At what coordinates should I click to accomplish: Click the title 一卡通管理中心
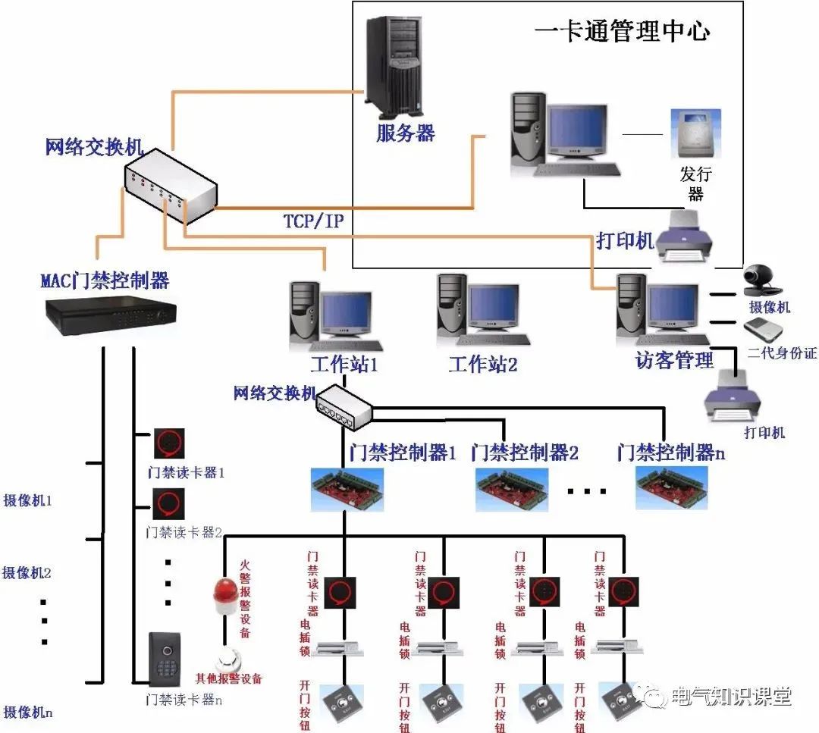tap(622, 31)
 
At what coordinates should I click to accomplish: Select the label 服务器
tap(406, 133)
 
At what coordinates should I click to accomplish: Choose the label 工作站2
tap(483, 365)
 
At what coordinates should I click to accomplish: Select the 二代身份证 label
tap(781, 353)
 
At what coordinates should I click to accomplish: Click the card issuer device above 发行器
tap(695, 133)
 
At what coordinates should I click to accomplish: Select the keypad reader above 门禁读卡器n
tap(165, 660)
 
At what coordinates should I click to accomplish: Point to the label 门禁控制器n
tap(671, 453)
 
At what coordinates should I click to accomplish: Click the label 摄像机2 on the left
tap(27, 572)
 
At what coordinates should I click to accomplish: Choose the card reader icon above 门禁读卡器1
tap(169, 443)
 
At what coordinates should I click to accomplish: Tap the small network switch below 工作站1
tap(345, 407)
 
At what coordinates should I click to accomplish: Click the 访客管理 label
tap(674, 361)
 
